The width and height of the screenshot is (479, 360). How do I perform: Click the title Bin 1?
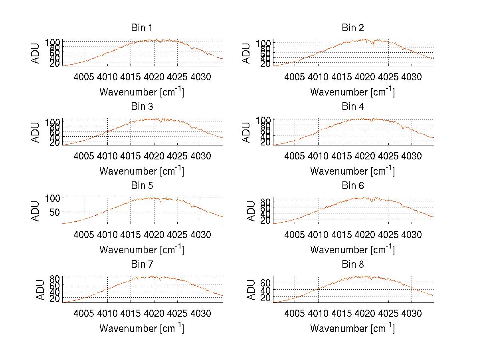coord(142,28)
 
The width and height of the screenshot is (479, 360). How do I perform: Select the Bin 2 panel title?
coord(353,28)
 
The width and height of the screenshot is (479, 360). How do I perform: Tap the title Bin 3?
coord(142,107)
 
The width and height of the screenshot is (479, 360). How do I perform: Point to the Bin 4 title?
coord(353,107)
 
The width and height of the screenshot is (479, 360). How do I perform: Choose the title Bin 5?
coord(142,186)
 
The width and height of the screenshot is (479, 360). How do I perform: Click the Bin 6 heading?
coord(353,186)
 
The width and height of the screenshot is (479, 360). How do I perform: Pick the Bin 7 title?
coord(142,265)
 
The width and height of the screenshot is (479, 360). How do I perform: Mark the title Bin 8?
coord(353,265)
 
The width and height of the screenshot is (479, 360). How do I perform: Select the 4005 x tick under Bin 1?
coord(84,77)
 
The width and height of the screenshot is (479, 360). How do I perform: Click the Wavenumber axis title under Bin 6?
coord(352,250)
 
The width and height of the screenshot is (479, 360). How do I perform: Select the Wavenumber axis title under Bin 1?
coord(142,92)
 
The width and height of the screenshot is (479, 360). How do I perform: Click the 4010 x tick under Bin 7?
coord(107,313)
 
